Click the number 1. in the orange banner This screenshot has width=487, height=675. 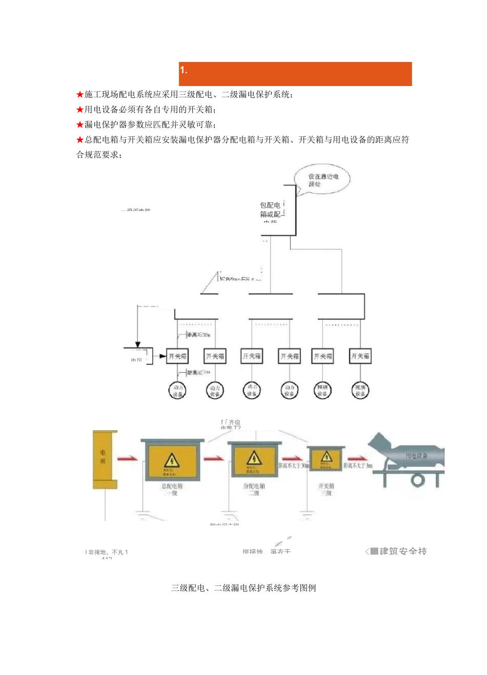point(184,71)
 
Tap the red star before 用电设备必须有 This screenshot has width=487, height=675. point(80,110)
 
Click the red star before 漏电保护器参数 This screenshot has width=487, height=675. point(80,124)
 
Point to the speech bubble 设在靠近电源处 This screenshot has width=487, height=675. point(323,180)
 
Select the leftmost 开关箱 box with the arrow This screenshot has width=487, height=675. point(178,356)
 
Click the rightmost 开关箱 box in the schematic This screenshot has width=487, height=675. point(360,356)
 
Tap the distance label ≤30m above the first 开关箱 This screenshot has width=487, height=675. point(198,335)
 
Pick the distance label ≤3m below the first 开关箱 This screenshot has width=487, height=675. point(198,372)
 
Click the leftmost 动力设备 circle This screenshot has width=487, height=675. point(177,391)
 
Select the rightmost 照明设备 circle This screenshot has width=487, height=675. point(360,391)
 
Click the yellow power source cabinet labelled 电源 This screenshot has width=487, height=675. point(105,459)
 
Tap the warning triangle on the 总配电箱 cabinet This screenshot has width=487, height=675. point(171,459)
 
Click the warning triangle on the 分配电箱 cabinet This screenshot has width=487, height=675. point(254,457)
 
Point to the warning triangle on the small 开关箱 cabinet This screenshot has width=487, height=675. point(327,456)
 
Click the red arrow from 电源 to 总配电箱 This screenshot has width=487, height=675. point(128,458)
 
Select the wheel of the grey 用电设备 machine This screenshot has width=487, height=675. point(418,480)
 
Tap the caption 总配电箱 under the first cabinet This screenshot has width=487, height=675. point(172,486)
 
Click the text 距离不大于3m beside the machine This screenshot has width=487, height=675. point(358,466)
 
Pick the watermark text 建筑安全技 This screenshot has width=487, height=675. point(403,551)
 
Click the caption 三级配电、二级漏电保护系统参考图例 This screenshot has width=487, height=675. point(243,588)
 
